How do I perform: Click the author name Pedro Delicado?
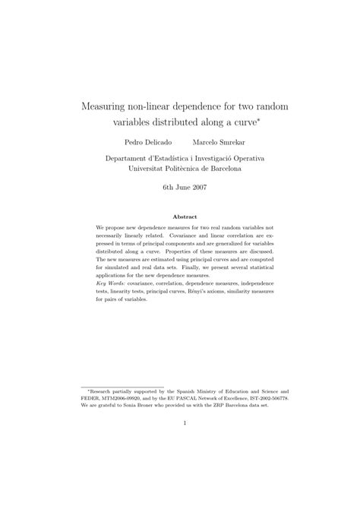point(145,142)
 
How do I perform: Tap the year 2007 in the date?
point(196,187)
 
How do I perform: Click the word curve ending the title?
point(245,122)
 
